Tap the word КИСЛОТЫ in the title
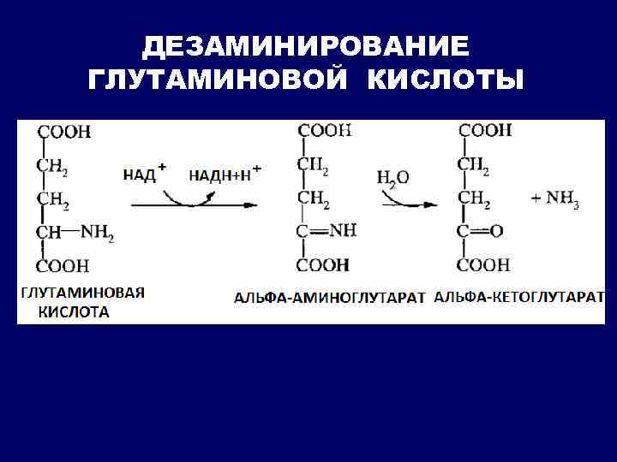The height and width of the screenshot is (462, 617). pos(445,80)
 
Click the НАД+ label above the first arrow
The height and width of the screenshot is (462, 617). pos(143,173)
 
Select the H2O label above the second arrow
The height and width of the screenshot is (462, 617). pos(392,178)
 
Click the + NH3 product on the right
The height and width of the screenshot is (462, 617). pos(554,198)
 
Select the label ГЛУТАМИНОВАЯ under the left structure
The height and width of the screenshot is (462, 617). pos(82,293)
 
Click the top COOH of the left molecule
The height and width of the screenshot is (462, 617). pos(63,132)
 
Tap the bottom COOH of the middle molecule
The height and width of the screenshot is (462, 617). pos(323,264)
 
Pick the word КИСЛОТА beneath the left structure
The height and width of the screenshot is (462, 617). pos(74,312)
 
